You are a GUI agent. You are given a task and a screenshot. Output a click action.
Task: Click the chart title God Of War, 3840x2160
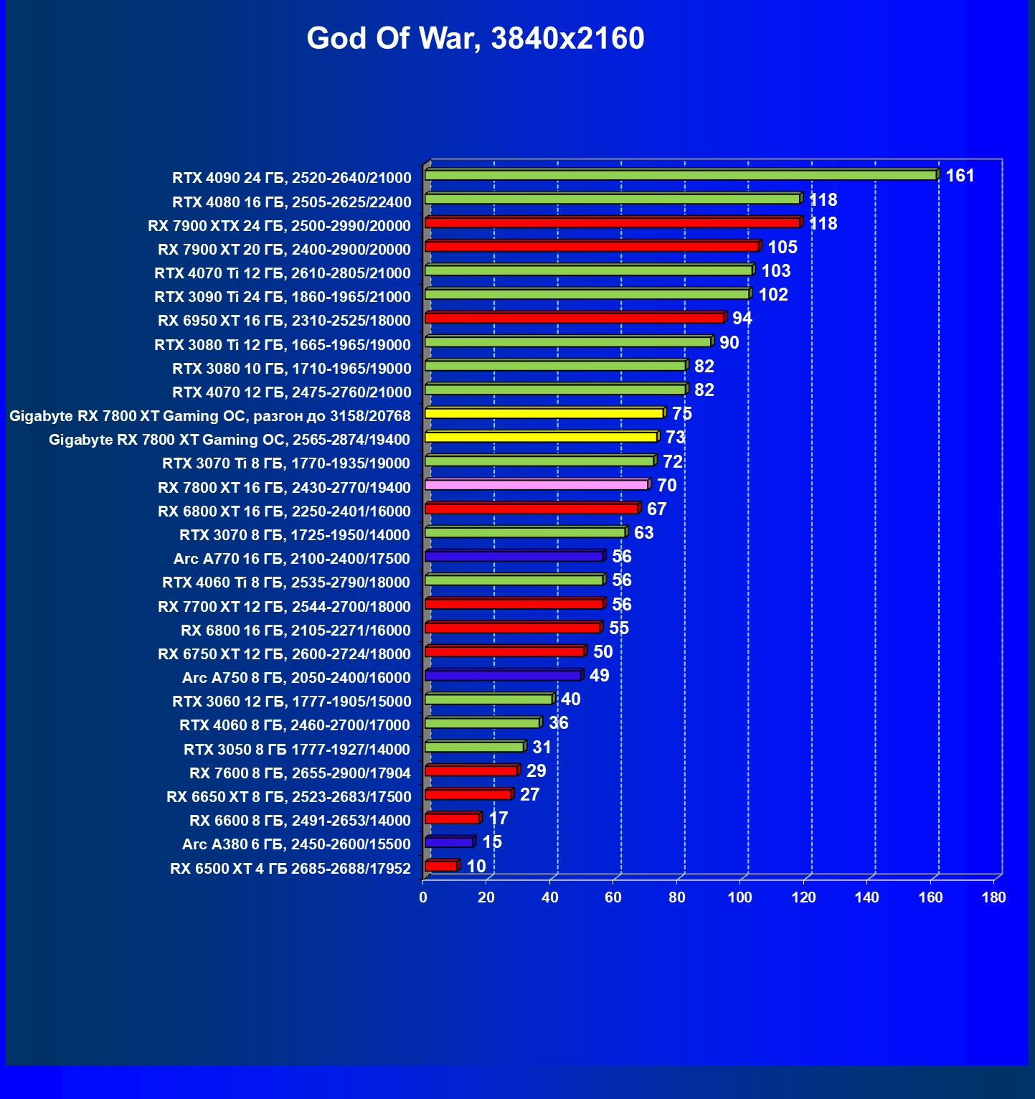[x=476, y=38]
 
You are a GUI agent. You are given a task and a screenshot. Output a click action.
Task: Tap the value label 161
[x=960, y=176]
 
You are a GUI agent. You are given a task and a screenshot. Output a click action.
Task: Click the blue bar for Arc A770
[x=514, y=556]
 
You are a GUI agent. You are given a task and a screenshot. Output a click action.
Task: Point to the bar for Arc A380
[x=449, y=841]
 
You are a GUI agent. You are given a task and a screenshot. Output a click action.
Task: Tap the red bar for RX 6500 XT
[x=440, y=866]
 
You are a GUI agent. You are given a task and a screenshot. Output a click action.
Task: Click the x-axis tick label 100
[x=739, y=897]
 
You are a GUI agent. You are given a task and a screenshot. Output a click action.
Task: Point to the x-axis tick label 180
[x=993, y=897]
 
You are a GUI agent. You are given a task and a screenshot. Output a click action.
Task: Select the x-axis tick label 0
[x=423, y=897]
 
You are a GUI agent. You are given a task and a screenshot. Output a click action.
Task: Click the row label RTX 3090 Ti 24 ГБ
[x=283, y=297]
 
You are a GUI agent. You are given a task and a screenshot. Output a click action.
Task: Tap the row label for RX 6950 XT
[x=284, y=321]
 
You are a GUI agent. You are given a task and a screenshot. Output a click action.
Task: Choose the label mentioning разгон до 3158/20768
[x=210, y=416]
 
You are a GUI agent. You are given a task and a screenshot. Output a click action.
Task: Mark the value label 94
[x=742, y=319]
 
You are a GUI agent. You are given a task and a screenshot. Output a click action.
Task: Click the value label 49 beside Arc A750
[x=599, y=676]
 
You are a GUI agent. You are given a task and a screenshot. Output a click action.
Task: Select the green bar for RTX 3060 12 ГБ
[x=488, y=699]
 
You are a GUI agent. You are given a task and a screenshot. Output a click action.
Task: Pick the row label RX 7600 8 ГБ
[x=300, y=773]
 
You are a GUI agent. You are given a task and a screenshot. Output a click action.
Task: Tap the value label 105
[x=782, y=247]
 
